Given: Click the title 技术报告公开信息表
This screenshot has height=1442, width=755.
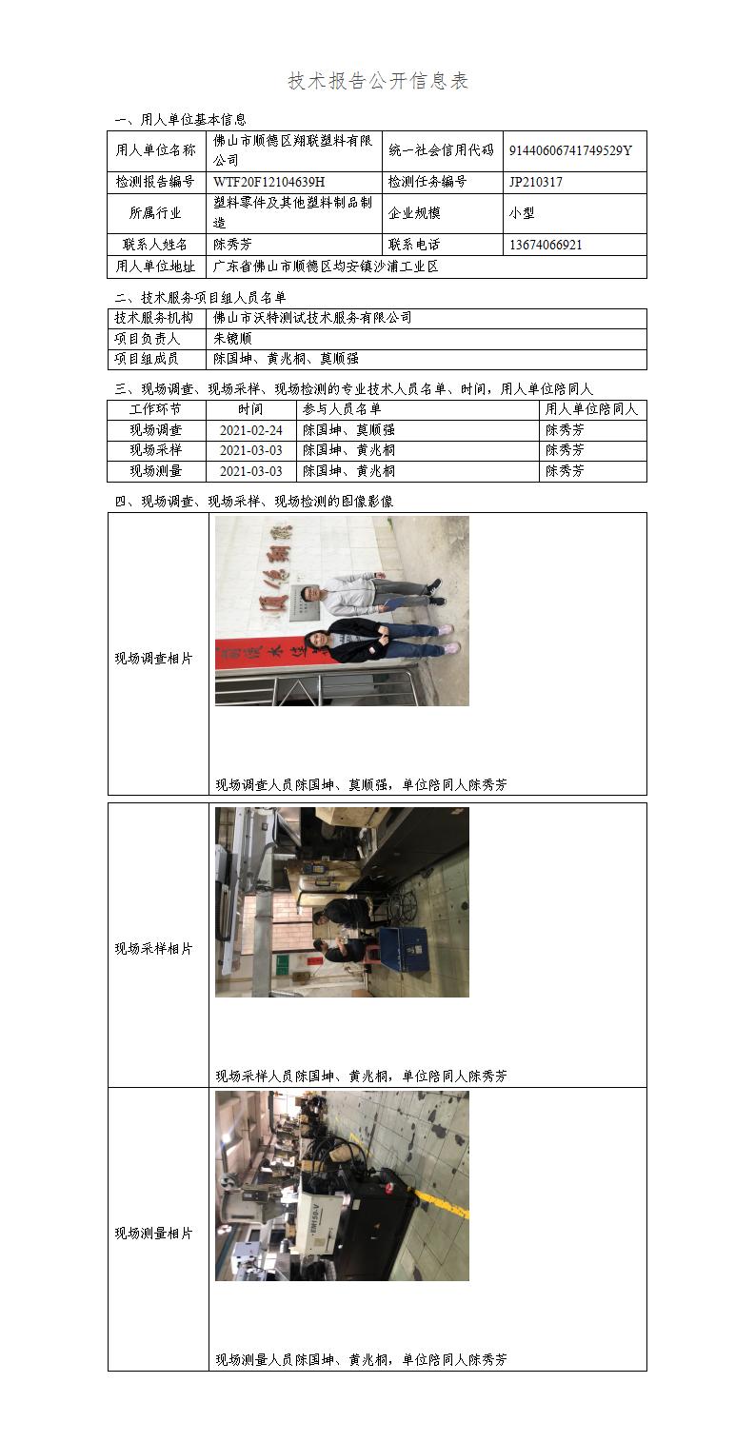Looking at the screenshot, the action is click(x=378, y=81).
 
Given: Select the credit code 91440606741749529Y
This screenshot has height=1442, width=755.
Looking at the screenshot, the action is click(x=570, y=150).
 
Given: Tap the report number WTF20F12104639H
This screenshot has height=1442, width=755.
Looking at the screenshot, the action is click(x=269, y=182).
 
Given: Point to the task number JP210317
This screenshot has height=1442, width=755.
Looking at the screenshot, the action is click(x=536, y=182).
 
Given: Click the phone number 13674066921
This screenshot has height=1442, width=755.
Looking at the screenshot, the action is click(x=546, y=245).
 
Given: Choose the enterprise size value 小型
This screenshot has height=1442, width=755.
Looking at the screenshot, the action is click(x=522, y=213).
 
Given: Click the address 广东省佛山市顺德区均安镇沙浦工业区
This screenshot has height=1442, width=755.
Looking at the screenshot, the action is click(x=326, y=267).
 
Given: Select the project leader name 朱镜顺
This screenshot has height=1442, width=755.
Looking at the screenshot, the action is click(x=232, y=339).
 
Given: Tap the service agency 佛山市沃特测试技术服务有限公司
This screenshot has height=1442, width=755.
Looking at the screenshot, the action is click(x=312, y=318).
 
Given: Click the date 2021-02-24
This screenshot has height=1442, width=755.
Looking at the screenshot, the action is click(x=251, y=430).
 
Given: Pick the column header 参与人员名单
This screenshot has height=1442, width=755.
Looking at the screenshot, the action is click(x=342, y=409).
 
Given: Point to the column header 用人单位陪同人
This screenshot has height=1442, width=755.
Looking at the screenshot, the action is click(x=591, y=409).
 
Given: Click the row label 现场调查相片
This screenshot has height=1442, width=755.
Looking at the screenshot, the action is click(x=153, y=659).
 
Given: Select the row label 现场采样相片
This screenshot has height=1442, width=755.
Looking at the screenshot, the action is click(x=153, y=949).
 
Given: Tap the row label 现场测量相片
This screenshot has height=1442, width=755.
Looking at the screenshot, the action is click(x=153, y=1234).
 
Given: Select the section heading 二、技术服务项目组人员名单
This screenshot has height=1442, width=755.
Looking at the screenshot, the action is click(x=200, y=297).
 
